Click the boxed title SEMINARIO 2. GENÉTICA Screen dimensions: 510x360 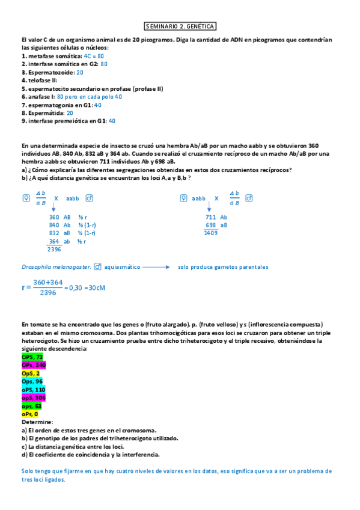coord(180,26)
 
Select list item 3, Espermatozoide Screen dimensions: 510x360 coord(48,72)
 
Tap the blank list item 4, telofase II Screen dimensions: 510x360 coord(40,80)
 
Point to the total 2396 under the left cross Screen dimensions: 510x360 coord(54,249)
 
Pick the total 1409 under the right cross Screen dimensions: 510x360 coord(210,233)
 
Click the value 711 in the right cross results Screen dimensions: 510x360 coord(211,217)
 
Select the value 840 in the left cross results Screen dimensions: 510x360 coord(54,225)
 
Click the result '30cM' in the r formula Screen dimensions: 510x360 coord(97,287)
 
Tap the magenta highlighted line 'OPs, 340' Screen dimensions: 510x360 coord(34,365)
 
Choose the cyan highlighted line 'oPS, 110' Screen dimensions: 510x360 coord(34,390)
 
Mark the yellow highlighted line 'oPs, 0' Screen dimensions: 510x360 coord(30,414)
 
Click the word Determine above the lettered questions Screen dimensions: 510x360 coord(37,422)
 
